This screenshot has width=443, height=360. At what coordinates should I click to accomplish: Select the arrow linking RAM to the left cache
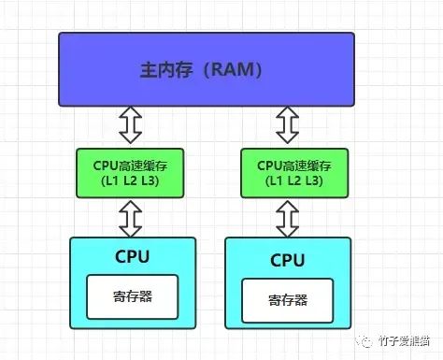point(131,123)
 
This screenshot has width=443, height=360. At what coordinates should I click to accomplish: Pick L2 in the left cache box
point(130,181)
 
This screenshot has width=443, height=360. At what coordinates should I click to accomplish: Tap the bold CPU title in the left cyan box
point(133,255)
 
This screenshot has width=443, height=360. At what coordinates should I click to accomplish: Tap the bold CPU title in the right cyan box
point(288,259)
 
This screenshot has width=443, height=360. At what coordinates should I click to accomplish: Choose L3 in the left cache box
point(151,181)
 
